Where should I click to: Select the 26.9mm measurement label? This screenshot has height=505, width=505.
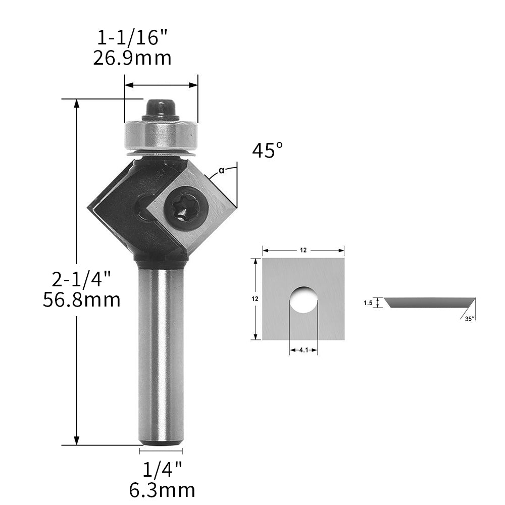132,58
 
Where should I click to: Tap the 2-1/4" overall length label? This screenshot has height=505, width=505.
81,278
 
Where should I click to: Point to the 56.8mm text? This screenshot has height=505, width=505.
81,300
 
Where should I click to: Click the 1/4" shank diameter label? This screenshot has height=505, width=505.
161,470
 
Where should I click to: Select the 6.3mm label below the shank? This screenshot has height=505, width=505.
161,490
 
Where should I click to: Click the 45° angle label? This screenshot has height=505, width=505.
267,150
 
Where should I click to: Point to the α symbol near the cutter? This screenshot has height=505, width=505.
221,170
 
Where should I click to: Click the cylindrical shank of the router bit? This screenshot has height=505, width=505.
161,353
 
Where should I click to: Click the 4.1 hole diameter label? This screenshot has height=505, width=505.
303,349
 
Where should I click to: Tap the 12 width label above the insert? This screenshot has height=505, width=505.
304,250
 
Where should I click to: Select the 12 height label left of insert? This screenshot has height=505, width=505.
255,299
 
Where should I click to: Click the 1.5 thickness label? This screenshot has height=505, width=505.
368,302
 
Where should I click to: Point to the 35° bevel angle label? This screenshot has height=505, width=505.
469,319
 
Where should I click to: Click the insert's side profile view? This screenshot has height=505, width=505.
429,302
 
